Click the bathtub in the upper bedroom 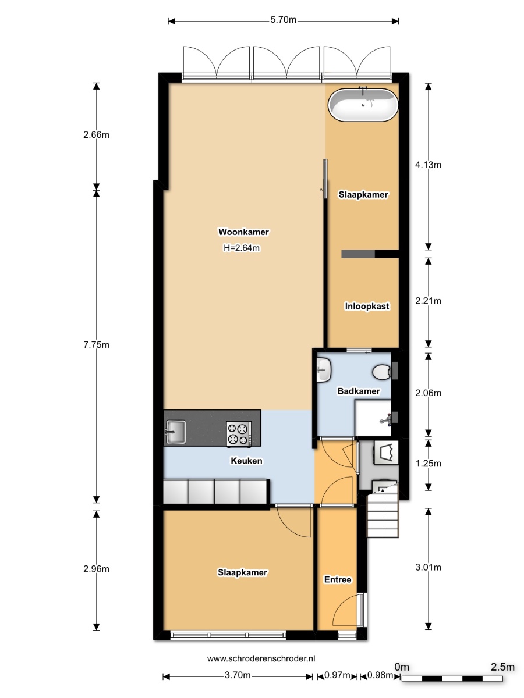363,104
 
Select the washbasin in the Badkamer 324,369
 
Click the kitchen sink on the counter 175,432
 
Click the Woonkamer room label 243,232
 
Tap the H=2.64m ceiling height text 242,248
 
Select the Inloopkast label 367,306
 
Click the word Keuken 246,461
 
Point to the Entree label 338,579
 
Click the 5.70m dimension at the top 283,20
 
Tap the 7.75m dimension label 96,345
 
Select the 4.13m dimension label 428,165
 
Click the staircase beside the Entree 383,511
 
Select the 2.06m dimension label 428,393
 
